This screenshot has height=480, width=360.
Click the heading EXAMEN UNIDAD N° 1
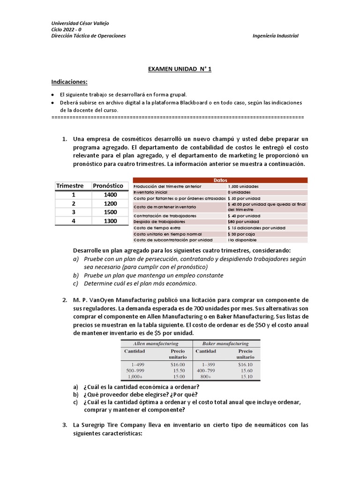pos(180,69)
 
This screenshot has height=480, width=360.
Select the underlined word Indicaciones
pos(69,82)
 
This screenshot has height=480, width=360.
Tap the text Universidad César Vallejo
pos(80,23)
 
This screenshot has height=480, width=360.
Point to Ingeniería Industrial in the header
pos(275,36)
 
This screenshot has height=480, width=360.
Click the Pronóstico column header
pos(108,186)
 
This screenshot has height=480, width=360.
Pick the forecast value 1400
pos(111,195)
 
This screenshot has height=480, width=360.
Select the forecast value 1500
pos(111,212)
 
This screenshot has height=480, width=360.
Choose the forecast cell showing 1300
pos(111,221)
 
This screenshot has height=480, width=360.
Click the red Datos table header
pos(220,180)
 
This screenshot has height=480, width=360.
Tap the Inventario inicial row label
pos(150,192)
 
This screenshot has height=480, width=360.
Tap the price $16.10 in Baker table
pos(245,364)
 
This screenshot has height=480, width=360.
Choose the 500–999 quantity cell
pos(135,370)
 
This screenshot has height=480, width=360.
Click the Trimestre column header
pos(70,186)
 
